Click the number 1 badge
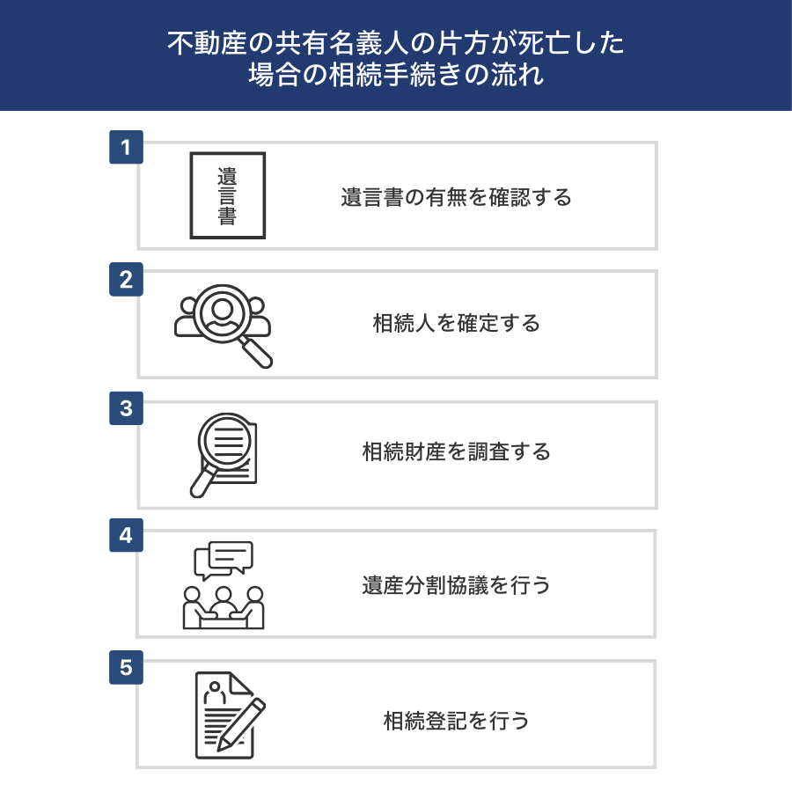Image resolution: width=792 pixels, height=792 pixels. click(x=126, y=147)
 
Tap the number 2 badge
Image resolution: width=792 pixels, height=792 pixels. click(x=126, y=279)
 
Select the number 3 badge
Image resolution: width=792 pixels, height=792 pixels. click(x=126, y=408)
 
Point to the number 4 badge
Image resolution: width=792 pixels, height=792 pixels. click(x=126, y=535)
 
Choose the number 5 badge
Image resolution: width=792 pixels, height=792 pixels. click(x=126, y=667)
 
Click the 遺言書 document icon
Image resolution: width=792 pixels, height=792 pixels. click(x=228, y=195)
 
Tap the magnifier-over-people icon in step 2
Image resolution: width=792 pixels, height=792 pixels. click(x=224, y=326)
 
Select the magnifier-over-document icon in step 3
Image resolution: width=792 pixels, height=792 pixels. click(x=224, y=455)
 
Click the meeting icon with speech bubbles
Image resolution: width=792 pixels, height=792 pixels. click(x=224, y=585)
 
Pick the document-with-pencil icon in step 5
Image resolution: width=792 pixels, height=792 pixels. click(x=231, y=715)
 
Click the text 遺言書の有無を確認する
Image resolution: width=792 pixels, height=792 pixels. click(x=456, y=197)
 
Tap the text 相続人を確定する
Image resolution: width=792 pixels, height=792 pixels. click(x=456, y=323)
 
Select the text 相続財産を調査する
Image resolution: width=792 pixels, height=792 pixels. click(x=456, y=451)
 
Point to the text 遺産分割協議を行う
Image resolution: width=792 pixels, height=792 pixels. click(x=456, y=585)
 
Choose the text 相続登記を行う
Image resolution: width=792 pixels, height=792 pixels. click(x=456, y=721)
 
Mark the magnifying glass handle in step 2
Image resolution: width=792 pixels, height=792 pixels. click(x=255, y=352)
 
